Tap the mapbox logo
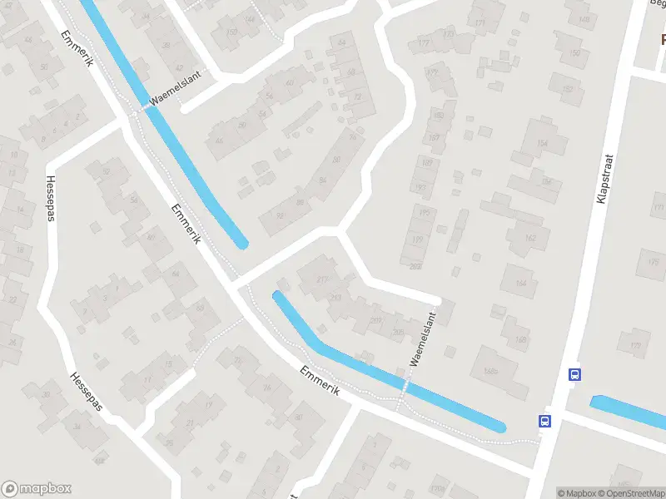click(x=37, y=489)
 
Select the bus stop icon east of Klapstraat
click(x=574, y=374)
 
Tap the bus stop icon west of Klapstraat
click(x=545, y=421)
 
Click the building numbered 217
click(x=321, y=279)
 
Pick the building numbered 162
click(x=530, y=238)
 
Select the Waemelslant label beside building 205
click(x=424, y=339)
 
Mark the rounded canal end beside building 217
click(x=279, y=297)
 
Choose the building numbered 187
click(x=433, y=137)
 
